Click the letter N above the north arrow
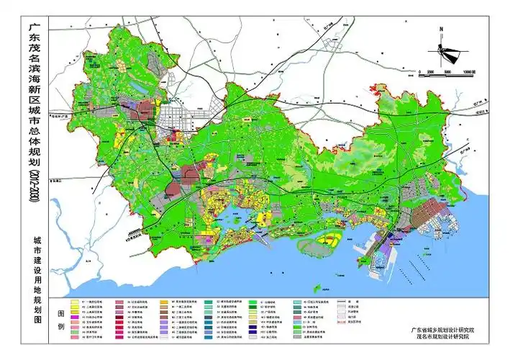(440, 30)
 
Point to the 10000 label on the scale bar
(471, 73)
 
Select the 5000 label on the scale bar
(447, 73)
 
